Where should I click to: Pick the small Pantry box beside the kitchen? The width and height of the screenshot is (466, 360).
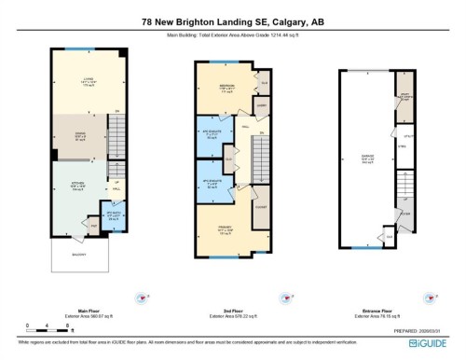94,224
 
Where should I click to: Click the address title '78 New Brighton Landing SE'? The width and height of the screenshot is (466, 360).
232,21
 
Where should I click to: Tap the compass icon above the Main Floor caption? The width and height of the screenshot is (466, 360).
140,298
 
